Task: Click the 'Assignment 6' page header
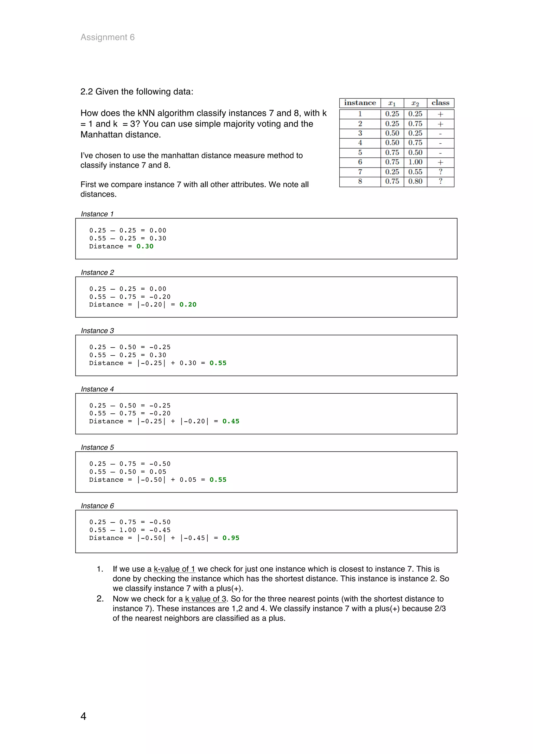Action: tap(107, 37)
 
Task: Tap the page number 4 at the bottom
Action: tap(84, 716)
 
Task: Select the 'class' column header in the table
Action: tap(440, 103)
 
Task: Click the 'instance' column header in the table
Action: tap(360, 103)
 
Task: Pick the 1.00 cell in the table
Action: tap(415, 162)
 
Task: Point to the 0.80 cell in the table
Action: tap(415, 181)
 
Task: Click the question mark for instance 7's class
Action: tap(440, 171)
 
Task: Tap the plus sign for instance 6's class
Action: tap(440, 162)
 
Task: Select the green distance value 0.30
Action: tap(145, 246)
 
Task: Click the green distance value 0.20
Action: tap(188, 304)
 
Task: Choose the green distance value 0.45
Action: tap(231, 421)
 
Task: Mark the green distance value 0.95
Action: tap(231, 538)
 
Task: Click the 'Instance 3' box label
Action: tap(97, 331)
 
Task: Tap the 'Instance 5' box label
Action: tap(97, 447)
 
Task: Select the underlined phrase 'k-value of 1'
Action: tap(174, 569)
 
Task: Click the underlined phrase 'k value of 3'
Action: tap(206, 599)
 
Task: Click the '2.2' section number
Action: tap(87, 92)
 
